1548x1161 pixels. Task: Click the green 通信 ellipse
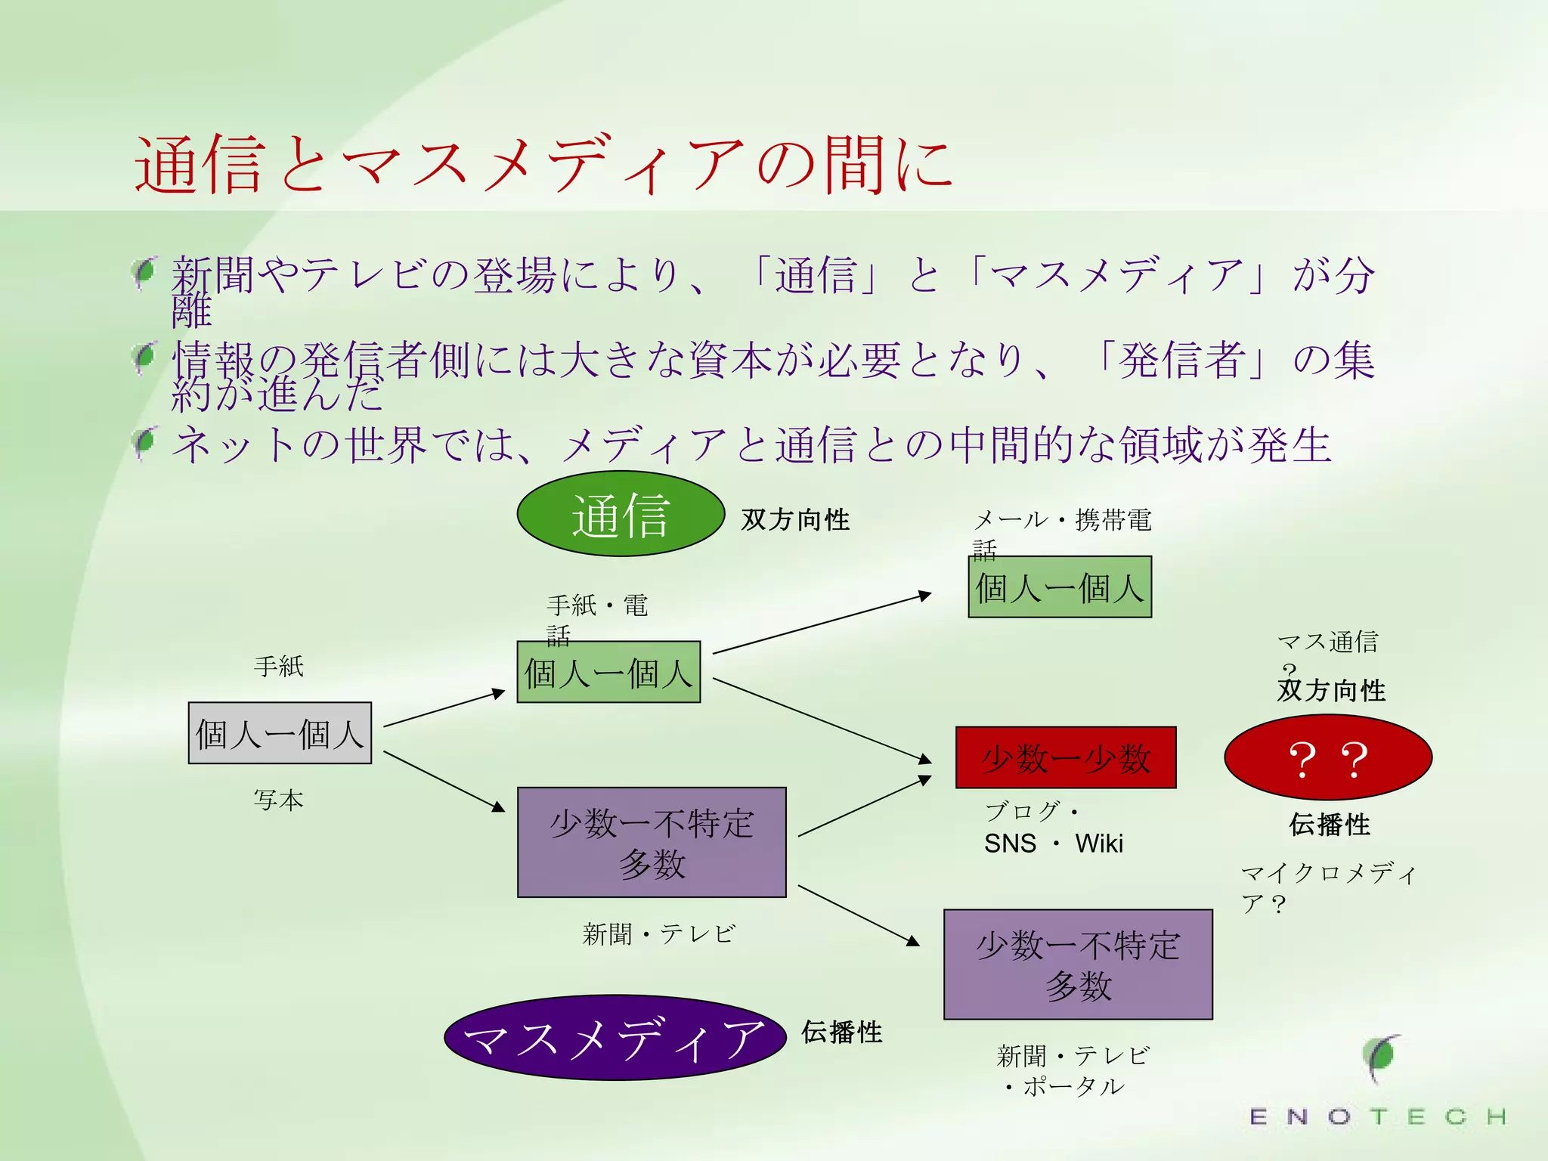(621, 515)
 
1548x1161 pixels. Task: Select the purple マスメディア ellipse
(615, 1037)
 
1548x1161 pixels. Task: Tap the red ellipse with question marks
(1328, 757)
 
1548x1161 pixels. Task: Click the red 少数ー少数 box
(1066, 758)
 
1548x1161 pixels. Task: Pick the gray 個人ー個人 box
(280, 733)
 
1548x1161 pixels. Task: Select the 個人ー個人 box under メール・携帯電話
(1060, 587)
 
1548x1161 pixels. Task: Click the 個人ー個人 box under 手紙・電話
(608, 672)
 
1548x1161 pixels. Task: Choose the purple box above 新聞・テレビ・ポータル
(1078, 964)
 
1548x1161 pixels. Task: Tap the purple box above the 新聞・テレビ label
(652, 843)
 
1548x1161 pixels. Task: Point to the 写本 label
(279, 800)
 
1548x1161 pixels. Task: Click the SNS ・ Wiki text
(1053, 844)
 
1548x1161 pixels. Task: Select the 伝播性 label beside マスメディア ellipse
(841, 1033)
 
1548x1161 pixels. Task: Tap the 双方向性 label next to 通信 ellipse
(795, 520)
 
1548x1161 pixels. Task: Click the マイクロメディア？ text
(1328, 887)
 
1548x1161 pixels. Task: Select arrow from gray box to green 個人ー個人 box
(444, 708)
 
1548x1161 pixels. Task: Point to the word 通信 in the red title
(200, 164)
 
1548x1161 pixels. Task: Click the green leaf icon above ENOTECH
(1382, 1057)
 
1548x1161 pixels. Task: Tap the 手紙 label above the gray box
(279, 667)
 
